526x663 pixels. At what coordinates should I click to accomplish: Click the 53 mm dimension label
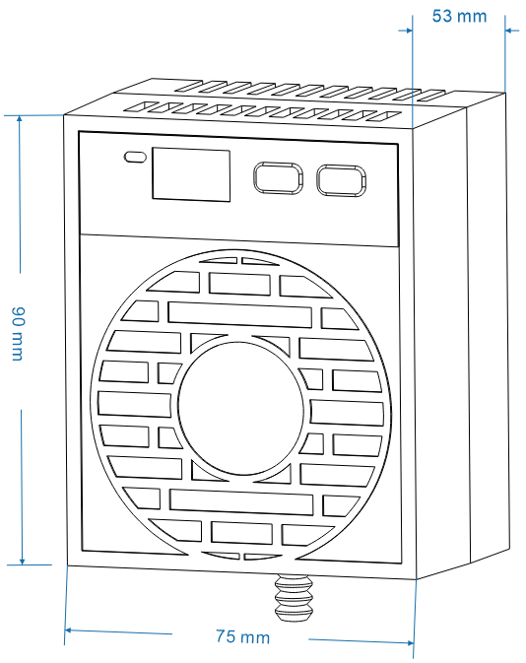click(459, 17)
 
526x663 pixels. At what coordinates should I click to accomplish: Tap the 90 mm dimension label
click(18, 334)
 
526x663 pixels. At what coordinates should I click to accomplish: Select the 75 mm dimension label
click(242, 636)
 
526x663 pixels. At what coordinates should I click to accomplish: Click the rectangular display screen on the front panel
click(191, 174)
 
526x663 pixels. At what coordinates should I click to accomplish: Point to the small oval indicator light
click(135, 157)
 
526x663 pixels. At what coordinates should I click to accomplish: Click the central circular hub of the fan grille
click(240, 405)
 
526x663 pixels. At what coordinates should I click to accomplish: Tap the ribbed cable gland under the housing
click(294, 597)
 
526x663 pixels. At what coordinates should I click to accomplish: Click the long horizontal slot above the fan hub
click(239, 314)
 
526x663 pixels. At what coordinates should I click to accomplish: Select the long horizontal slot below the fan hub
click(241, 501)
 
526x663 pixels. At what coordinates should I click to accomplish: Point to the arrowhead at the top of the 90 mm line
click(19, 120)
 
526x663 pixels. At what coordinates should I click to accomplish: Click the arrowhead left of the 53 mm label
click(407, 30)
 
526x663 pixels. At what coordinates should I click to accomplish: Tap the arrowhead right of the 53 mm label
click(511, 31)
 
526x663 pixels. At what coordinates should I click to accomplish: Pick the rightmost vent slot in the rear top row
click(430, 96)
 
